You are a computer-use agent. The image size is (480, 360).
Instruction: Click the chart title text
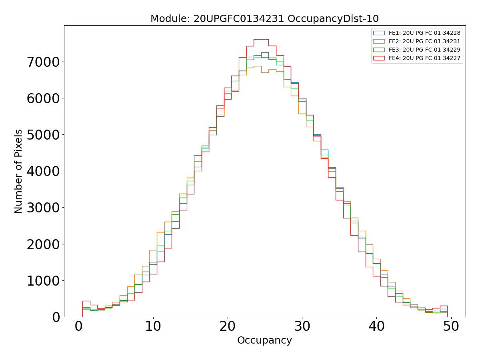tap(264, 19)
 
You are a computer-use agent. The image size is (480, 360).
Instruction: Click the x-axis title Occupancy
tap(264, 340)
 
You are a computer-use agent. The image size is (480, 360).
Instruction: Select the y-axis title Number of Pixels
tap(19, 171)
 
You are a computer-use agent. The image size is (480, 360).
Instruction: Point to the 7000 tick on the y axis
tap(43, 62)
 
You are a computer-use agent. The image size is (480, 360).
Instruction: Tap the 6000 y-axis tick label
tap(43, 98)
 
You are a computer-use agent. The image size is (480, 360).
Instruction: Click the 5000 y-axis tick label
tap(43, 135)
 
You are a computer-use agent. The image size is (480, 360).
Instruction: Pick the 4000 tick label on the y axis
tap(43, 171)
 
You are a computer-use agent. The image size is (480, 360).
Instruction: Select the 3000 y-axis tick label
tap(43, 208)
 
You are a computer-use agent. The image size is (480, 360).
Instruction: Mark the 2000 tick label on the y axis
tap(43, 244)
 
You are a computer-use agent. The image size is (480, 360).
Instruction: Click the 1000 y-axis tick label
tap(43, 280)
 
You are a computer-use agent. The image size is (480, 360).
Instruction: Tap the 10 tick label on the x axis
tap(153, 326)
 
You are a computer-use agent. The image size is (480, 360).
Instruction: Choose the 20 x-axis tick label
tap(228, 326)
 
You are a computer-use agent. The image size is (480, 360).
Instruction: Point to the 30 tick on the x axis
tap(302, 326)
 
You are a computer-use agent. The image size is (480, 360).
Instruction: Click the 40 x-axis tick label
tap(376, 326)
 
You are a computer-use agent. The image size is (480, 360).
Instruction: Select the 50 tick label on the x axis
tap(451, 326)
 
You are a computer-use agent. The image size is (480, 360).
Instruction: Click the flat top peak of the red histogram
tap(261, 39)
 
